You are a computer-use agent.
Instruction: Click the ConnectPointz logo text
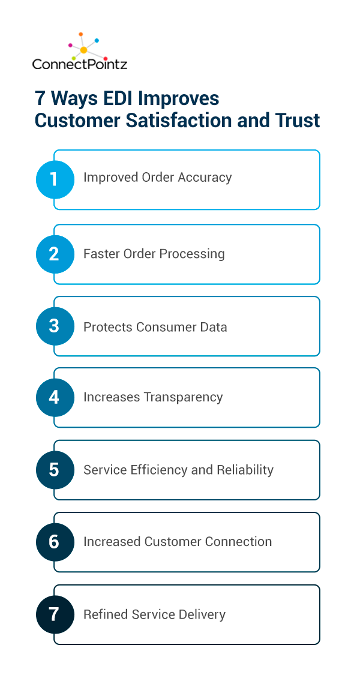[x=80, y=64]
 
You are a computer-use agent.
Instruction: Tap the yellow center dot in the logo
[x=83, y=50]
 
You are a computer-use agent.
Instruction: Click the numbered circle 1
[x=55, y=179]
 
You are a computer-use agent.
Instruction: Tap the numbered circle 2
[x=55, y=254]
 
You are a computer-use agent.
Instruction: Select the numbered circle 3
[x=55, y=326]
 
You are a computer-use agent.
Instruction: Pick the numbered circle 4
[x=55, y=397]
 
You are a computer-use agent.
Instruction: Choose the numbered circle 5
[x=55, y=470]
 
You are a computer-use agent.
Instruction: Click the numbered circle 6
[x=55, y=542]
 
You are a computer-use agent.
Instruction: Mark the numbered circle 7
[x=55, y=615]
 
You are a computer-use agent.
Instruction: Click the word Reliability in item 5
[x=245, y=470]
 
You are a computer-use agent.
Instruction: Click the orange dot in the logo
[x=81, y=34]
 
